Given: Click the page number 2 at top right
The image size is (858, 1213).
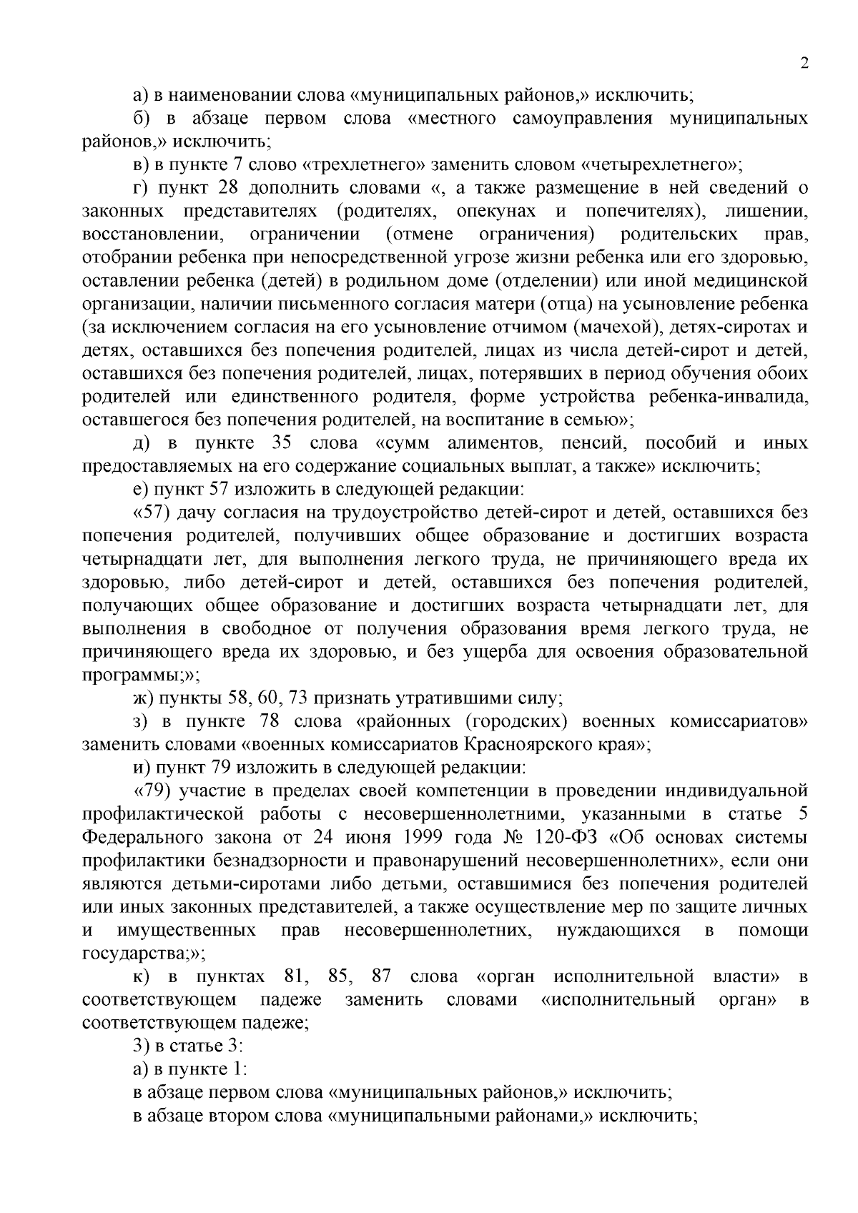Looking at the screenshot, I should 804,64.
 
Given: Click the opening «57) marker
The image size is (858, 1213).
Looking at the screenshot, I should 150,513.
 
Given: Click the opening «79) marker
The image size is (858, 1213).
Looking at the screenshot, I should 150,791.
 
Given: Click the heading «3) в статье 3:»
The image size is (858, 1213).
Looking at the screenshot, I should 189,1046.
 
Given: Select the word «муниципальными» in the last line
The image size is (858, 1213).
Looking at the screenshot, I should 394,1115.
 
